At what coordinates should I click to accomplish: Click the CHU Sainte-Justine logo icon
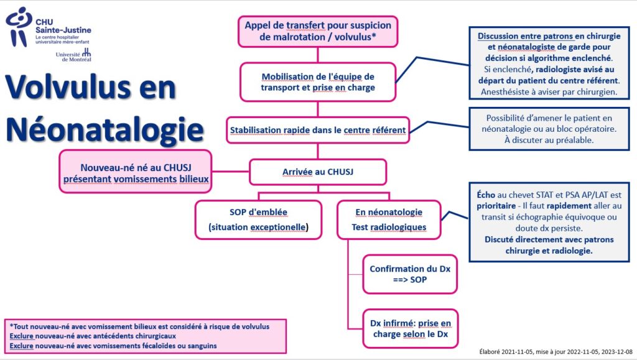(x=19, y=26)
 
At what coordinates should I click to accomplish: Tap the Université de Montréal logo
(x=73, y=55)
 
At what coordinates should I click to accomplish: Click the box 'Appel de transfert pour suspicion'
(x=318, y=31)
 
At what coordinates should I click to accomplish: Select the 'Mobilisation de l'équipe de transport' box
(x=318, y=82)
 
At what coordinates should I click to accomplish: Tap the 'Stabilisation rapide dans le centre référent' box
(x=318, y=131)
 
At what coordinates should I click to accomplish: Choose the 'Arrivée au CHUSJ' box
(x=318, y=172)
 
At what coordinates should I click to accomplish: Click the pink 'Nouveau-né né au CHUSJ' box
(x=136, y=172)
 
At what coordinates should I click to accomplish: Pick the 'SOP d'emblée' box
(x=258, y=219)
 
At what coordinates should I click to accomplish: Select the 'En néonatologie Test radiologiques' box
(x=389, y=219)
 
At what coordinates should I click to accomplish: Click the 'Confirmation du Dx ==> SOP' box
(x=410, y=274)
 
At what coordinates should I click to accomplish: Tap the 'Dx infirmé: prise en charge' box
(x=411, y=329)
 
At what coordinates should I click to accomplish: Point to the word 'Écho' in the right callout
(x=486, y=195)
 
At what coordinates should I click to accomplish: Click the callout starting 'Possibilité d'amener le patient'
(x=549, y=129)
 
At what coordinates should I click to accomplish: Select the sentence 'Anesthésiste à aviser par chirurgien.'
(x=549, y=92)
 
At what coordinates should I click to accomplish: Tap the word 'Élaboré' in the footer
(x=490, y=352)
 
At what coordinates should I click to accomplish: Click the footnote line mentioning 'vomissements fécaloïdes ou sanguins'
(x=113, y=346)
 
